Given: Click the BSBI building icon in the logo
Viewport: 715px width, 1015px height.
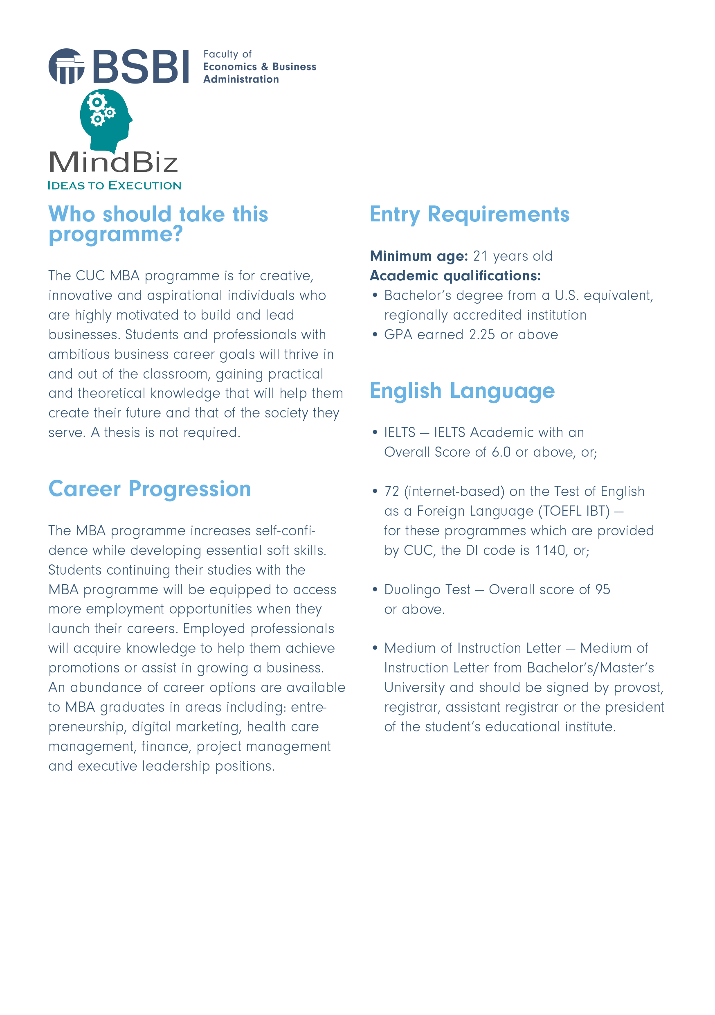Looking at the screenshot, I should [66, 66].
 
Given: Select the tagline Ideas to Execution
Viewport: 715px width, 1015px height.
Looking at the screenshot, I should [114, 186].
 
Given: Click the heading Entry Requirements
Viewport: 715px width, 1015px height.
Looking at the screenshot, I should [469, 215].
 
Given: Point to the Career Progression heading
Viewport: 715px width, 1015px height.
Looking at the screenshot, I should [150, 489].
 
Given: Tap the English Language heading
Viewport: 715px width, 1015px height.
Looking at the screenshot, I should [462, 391].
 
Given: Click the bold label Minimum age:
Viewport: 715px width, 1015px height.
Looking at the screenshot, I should [418, 256].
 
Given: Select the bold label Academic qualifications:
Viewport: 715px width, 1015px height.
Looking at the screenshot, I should [455, 276].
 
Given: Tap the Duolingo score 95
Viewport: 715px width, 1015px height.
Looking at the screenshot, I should [603, 590].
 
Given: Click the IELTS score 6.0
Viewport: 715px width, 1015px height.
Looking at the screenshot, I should [501, 452].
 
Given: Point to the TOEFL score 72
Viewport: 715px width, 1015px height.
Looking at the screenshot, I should [391, 492].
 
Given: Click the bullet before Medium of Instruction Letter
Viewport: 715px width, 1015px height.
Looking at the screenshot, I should [375, 648].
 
